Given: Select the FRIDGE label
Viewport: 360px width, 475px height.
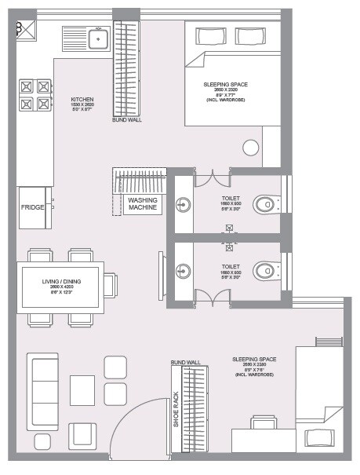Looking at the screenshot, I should click(x=33, y=207).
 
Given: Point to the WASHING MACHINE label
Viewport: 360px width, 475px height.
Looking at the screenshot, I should click(x=144, y=204).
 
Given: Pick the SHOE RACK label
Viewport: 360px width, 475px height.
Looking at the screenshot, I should click(x=176, y=409).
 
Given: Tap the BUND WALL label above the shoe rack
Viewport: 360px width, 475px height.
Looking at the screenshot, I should click(x=185, y=363).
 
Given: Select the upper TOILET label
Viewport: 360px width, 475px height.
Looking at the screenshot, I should click(x=231, y=199).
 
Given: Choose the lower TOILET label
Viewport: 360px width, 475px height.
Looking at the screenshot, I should click(x=231, y=267).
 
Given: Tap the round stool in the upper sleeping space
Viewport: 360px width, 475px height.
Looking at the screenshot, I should click(x=251, y=148).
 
